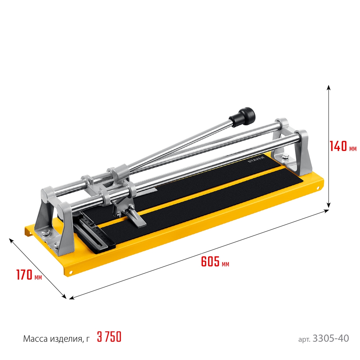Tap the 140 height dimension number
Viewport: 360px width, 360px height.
(339, 146)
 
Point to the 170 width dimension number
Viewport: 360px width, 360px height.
(24, 275)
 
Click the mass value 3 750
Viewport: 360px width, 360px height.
(109, 337)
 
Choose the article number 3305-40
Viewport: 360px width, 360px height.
(331, 339)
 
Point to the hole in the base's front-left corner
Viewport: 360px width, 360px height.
(71, 272)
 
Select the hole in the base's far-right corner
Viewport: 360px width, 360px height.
(318, 188)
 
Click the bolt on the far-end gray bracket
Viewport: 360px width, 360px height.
(284, 156)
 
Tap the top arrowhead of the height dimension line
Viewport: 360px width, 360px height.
(328, 87)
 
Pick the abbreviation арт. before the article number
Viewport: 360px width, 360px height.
(305, 339)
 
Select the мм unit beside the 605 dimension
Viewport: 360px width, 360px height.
(225, 264)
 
